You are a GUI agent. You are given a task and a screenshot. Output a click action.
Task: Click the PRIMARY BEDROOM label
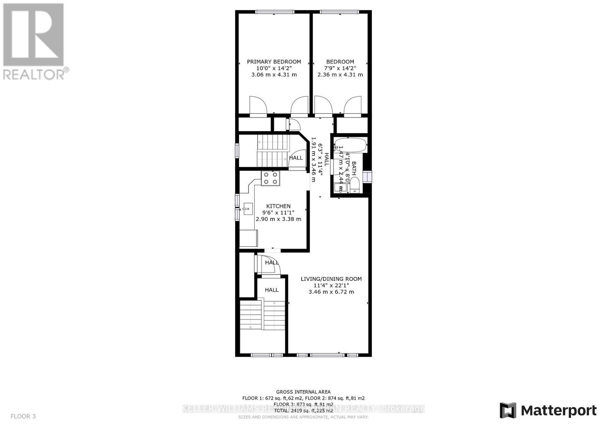(274, 61)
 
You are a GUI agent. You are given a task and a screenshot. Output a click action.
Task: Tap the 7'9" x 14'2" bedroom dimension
(340, 68)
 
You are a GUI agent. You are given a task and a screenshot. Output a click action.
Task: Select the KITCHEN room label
(278, 206)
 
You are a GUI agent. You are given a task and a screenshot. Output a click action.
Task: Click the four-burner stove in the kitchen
(270, 178)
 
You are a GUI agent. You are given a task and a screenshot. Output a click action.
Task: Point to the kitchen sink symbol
(248, 209)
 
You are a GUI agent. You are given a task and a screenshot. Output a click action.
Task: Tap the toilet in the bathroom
(355, 186)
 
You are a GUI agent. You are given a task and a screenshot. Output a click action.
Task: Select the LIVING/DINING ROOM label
(331, 279)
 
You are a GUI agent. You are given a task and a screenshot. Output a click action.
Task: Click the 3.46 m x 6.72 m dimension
(331, 292)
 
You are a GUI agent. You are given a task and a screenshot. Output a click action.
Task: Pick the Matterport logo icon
(508, 410)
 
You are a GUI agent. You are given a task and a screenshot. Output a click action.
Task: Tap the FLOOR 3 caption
(23, 416)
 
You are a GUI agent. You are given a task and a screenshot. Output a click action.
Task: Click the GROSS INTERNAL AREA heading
(303, 392)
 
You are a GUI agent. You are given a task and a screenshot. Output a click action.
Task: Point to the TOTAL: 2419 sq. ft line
(303, 410)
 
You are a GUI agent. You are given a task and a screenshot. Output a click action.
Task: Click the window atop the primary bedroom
(275, 12)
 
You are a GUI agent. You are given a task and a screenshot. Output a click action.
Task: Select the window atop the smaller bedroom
(339, 12)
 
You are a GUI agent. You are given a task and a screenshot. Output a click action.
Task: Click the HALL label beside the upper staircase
(296, 158)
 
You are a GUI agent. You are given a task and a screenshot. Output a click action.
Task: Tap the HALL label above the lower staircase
(272, 290)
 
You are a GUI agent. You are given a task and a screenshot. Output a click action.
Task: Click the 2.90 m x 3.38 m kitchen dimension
(278, 219)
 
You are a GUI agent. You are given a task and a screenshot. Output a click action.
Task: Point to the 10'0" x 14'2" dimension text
(274, 68)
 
